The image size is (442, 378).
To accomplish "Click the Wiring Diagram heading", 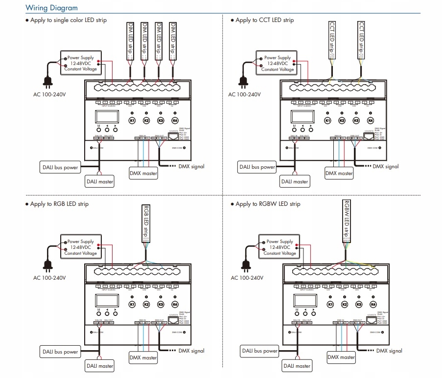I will tap(51, 8).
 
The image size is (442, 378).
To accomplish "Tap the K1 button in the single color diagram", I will tap(132, 120).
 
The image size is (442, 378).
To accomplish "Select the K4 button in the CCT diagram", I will tap(370, 120).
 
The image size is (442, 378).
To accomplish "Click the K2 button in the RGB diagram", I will tap(146, 305).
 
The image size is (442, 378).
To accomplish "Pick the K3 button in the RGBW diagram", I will tap(359, 305).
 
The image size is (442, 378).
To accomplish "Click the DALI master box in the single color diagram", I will tap(100, 181).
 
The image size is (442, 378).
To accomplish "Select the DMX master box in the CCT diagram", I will tap(339, 173).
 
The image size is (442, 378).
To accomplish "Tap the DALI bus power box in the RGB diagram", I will tap(59, 352).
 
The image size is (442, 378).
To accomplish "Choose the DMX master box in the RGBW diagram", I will tap(341, 357).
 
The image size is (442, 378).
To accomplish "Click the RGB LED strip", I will tap(145, 223).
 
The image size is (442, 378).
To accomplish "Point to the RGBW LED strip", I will tap(346, 221).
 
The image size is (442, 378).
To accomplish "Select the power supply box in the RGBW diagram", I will tap(279, 247).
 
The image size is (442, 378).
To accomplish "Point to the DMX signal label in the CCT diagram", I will tap(386, 167).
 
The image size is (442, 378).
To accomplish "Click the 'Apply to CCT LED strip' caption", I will tap(264, 20).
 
